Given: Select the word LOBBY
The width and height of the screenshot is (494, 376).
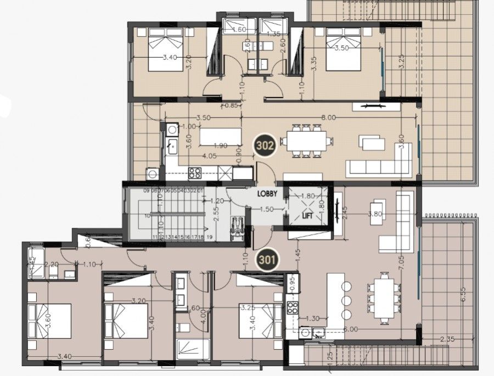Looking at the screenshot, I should tap(270, 193).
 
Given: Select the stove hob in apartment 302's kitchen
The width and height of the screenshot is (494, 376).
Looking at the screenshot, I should tap(195, 172).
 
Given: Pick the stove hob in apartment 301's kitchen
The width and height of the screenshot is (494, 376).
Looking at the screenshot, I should tap(292, 307).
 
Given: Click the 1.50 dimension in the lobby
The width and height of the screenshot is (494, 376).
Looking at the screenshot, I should tap(267, 209).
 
